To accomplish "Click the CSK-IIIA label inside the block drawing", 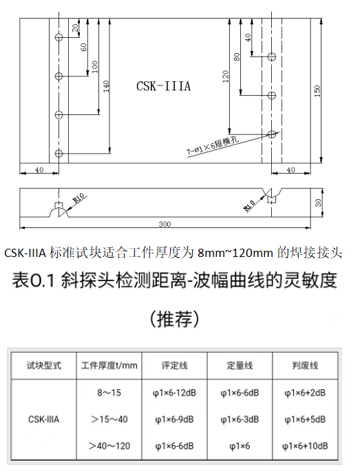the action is point(163,86).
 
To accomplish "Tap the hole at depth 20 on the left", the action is point(59,37).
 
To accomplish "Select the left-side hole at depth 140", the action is point(59,153).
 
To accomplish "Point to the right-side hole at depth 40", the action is point(272,56).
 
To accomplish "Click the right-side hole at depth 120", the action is point(272,134).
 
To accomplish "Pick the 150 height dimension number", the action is point(317,91).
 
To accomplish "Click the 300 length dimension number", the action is point(165,224).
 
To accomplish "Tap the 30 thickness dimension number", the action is point(318,203).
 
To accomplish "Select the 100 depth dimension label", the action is point(95,67).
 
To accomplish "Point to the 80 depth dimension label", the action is point(237,56).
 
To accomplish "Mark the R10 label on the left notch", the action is point(79,198).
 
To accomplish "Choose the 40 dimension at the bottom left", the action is point(39,170).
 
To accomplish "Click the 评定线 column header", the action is point(174,365).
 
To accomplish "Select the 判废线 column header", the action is point(305,365).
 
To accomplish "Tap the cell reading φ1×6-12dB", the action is point(174,393).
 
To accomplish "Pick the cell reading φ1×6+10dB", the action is point(305,446).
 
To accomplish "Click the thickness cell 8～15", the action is point(109,393).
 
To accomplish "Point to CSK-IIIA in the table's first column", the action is point(44,420).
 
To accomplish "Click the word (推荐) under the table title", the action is point(175,319).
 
